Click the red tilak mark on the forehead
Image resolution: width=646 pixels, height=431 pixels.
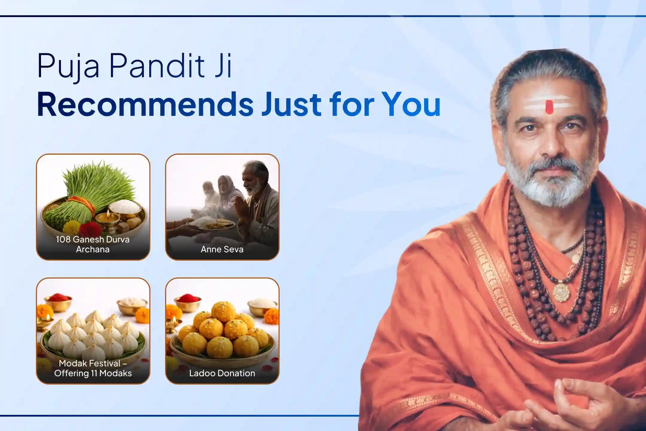(549, 107)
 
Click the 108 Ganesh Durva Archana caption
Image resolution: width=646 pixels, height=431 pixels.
(93, 244)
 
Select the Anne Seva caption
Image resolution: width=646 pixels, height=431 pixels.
(222, 249)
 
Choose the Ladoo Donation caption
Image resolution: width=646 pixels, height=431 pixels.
(222, 373)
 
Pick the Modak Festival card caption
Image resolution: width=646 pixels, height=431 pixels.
(93, 368)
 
